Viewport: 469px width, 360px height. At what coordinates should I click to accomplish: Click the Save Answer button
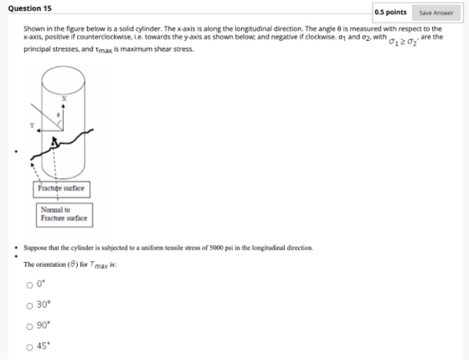436,13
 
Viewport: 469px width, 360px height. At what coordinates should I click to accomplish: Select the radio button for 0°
29,285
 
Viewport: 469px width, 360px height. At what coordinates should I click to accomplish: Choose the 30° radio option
29,306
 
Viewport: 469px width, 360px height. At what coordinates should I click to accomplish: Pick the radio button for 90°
29,327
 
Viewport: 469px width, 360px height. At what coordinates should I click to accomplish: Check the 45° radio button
29,347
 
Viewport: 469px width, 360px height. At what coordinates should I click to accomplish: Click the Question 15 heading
29,8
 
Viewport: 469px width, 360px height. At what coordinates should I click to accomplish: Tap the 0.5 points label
390,13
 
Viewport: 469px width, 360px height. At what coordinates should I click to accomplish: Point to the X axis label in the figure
64,99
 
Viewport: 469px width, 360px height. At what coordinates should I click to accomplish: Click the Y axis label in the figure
32,126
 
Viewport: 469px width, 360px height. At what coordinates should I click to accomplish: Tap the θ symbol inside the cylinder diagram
59,115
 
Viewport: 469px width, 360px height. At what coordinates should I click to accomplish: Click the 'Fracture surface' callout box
61,189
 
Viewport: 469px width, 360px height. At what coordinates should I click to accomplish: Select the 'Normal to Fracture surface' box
64,215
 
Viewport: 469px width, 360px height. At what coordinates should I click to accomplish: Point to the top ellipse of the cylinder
63,67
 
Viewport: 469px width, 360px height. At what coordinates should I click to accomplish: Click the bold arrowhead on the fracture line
54,141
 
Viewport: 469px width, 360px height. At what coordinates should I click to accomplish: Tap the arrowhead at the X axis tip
64,105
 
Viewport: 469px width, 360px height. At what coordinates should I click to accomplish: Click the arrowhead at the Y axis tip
39,131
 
